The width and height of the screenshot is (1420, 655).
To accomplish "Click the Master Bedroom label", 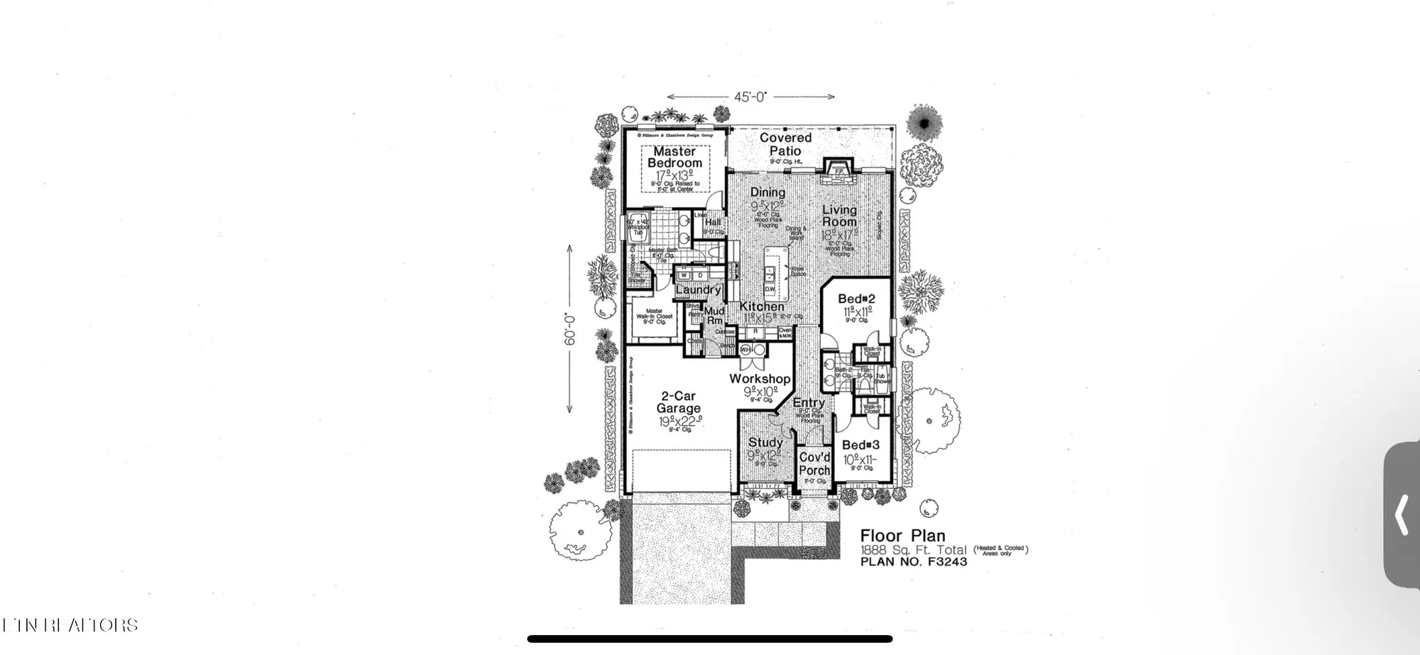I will coord(674,157).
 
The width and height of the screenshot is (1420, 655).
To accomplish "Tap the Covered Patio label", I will coord(785,144).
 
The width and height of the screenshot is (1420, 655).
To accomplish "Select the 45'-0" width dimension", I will coord(750,97).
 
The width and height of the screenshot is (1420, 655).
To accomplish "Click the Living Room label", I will coord(839,216).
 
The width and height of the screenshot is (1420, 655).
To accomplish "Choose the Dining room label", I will coord(768,192).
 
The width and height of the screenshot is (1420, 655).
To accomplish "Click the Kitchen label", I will coord(762,307).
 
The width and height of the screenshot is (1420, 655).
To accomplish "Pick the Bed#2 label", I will coord(856,299).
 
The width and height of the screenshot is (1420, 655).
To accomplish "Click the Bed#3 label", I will coord(861,445).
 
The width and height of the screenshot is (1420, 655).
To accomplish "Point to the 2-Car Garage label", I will coord(678,402).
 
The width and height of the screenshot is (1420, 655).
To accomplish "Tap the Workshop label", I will coord(760,379).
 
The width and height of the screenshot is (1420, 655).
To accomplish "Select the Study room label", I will coord(765,442).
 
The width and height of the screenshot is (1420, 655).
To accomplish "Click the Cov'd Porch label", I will coord(814,463).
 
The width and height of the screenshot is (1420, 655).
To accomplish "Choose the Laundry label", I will coord(698,290).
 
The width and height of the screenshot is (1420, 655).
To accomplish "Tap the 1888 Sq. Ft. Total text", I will coord(913,550).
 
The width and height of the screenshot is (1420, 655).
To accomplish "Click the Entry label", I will coord(809,402).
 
